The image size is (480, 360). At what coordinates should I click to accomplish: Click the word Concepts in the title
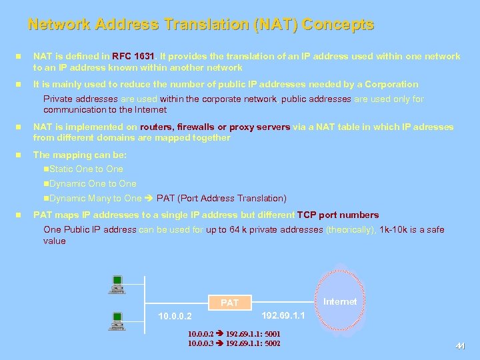[337, 25]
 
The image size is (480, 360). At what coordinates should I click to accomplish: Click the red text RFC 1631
[133, 57]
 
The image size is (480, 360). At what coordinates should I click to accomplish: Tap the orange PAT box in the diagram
[229, 303]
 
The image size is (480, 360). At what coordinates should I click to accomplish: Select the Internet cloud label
[340, 301]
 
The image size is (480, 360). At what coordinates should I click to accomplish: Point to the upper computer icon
[117, 284]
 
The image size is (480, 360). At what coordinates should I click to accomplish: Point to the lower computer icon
[117, 322]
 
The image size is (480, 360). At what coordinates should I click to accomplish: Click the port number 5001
[272, 333]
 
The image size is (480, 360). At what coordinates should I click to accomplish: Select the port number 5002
[272, 343]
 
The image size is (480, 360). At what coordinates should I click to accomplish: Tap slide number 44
[459, 346]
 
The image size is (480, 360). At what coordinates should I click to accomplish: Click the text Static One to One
[86, 169]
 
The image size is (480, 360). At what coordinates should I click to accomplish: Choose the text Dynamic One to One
[93, 183]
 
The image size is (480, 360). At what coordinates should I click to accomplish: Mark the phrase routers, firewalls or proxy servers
[214, 127]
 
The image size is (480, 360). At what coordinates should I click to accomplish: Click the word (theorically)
[351, 230]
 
